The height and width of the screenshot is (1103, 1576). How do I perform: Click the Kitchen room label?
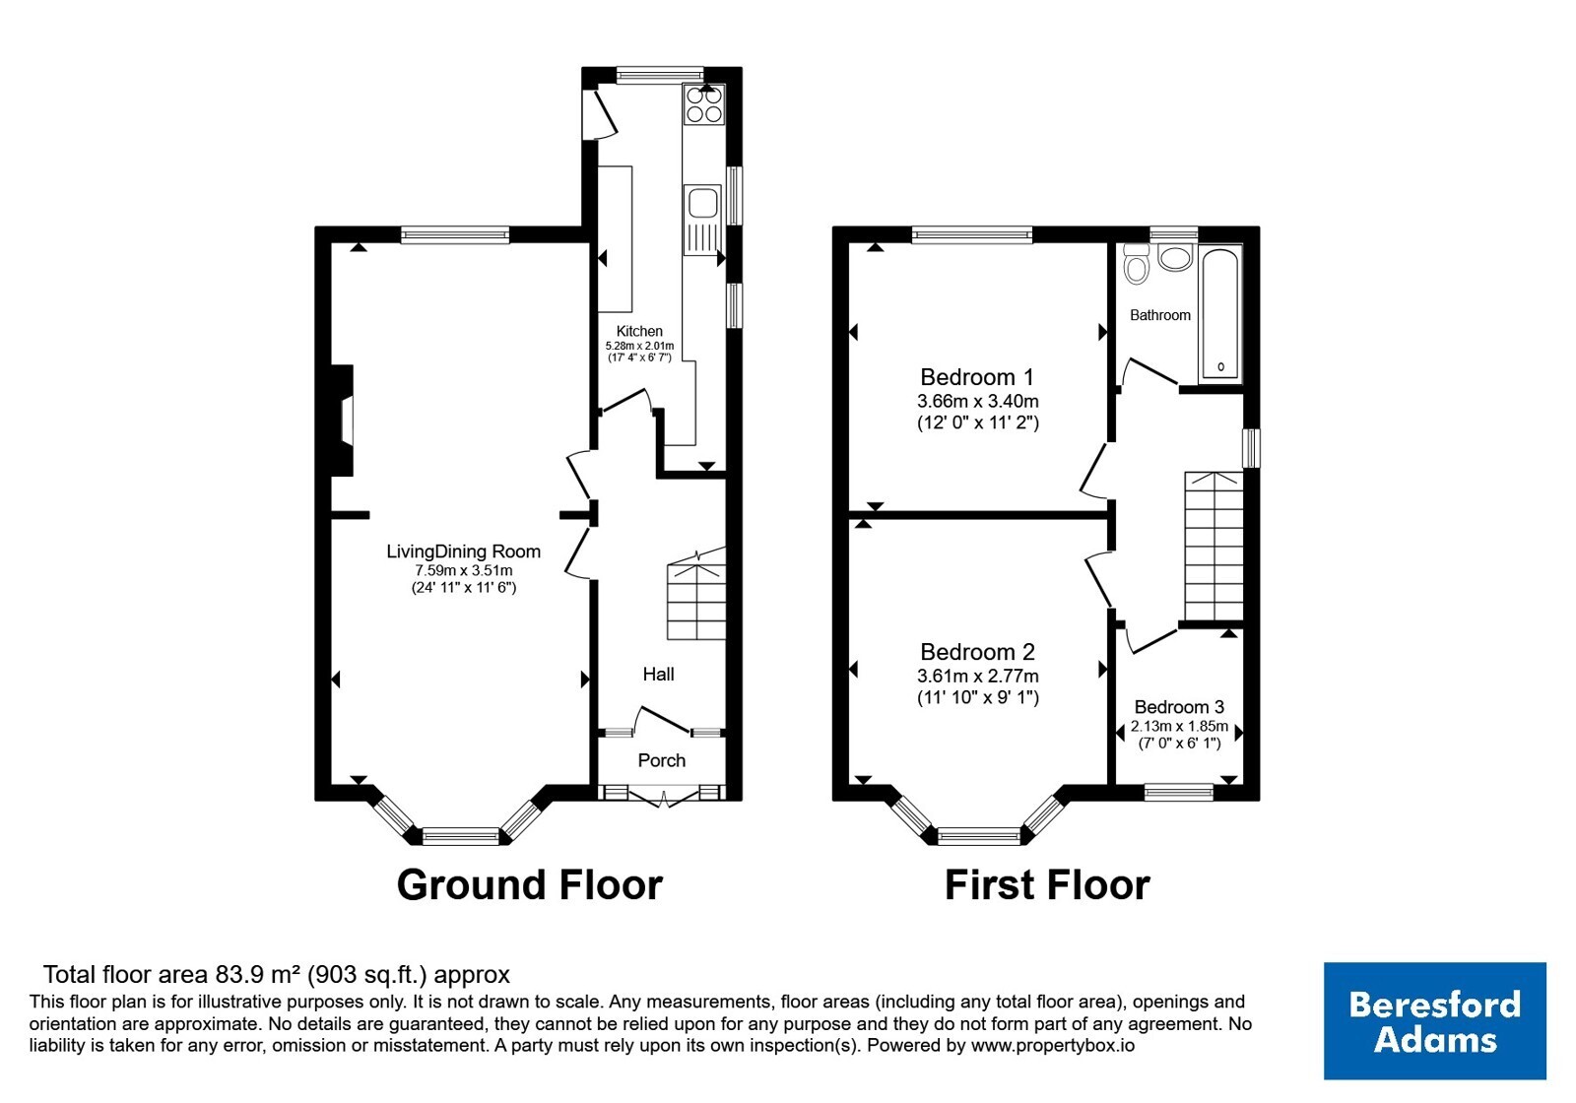point(639,331)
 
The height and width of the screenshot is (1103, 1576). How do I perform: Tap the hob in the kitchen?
point(703,104)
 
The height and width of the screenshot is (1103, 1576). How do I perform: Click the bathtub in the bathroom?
point(1221,314)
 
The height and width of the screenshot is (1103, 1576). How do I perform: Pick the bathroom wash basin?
point(1175,257)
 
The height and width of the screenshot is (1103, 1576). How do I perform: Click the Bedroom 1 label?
point(977,378)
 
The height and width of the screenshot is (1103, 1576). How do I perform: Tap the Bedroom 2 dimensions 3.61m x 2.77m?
point(978,677)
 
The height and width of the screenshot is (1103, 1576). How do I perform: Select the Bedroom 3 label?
point(1179,707)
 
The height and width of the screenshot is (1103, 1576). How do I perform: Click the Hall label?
point(659,675)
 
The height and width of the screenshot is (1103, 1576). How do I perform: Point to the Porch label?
point(661,760)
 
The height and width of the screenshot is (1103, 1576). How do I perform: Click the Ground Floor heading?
point(530,885)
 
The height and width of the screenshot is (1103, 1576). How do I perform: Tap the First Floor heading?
point(1048,885)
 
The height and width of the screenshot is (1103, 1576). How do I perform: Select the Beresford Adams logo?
point(1435,1021)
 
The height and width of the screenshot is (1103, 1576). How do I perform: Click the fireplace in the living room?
point(342,421)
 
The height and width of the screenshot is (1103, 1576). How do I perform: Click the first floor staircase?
point(1215,546)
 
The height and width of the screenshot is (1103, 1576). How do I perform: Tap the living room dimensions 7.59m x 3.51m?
point(464,570)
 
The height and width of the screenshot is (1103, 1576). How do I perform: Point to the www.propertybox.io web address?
point(1053,1046)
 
